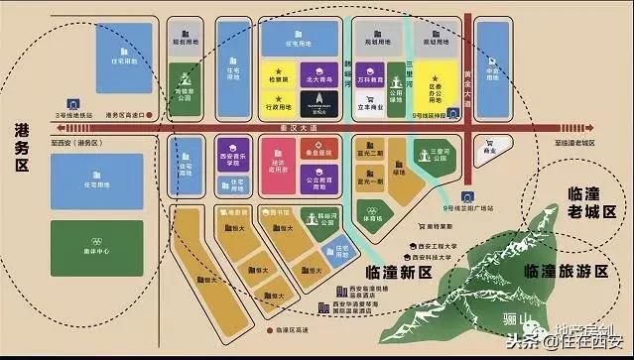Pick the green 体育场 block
click(370, 211)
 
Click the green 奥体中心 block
click(95, 245)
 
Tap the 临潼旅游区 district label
click(566, 271)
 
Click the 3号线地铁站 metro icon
click(72, 102)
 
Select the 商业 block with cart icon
click(487, 149)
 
